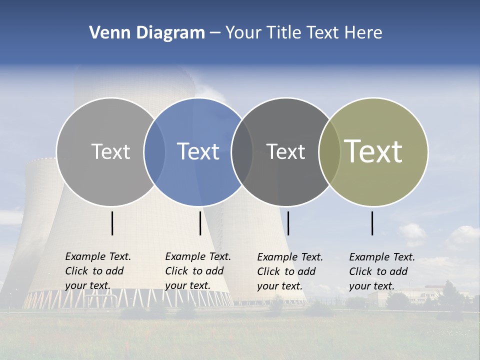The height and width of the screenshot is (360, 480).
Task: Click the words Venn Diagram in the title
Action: coord(147,33)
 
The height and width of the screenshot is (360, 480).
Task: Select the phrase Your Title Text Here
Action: coord(303,33)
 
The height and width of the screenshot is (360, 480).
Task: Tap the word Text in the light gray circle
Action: coord(110,151)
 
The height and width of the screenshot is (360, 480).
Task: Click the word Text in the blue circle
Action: coord(198,151)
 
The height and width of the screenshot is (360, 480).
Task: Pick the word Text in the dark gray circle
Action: coord(285,151)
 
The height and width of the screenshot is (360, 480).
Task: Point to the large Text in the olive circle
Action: coord(373,151)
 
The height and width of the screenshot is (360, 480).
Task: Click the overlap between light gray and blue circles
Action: coord(154,151)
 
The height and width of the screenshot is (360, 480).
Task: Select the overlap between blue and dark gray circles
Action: coord(242,151)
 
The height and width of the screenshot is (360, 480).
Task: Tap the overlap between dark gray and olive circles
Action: coord(329,151)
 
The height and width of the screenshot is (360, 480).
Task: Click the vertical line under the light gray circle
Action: coord(112,223)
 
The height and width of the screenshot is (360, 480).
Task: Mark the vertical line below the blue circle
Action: coord(200,223)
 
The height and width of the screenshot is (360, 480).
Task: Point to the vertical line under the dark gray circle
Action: coord(288,223)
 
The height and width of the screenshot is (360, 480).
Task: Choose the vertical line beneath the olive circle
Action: coord(372,223)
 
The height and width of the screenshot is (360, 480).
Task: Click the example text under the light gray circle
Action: coord(98,271)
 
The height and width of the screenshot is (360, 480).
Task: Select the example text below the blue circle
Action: coord(198,271)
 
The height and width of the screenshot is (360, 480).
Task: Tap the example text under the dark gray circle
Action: coord(290,271)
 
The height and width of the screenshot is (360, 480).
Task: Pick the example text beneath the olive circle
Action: coord(382,271)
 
